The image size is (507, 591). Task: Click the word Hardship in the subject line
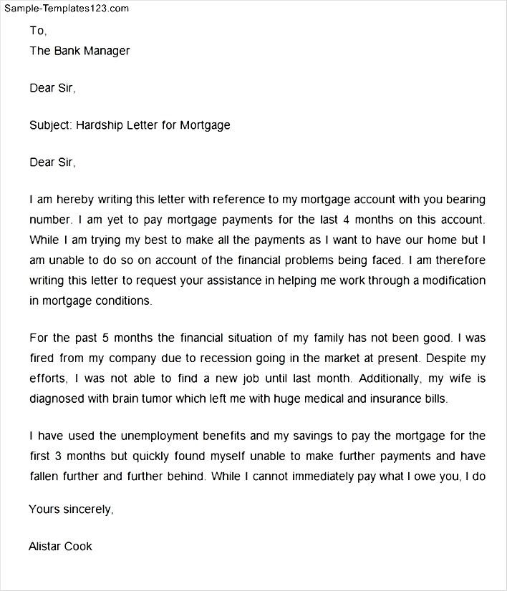pos(102,125)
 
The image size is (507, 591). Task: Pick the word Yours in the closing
pos(43,509)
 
